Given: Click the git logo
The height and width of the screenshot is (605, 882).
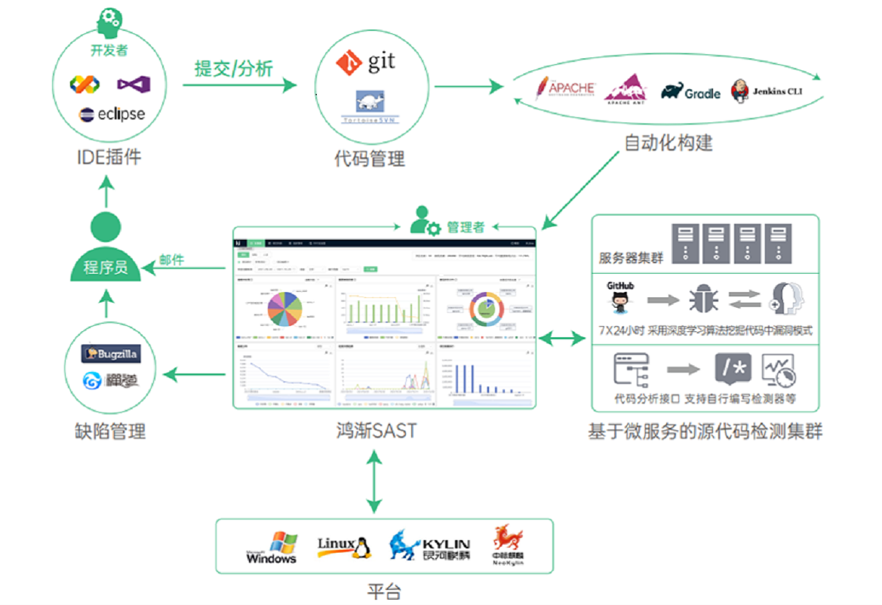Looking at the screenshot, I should (365, 62).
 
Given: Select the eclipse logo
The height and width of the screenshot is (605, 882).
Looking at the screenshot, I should (112, 115).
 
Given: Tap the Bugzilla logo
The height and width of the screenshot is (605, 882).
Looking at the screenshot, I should (111, 352).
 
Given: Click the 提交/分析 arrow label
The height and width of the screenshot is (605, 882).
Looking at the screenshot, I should (233, 68).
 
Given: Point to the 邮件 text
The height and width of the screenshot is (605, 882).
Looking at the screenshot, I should (171, 260).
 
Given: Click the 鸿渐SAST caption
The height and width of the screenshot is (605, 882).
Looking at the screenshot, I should (376, 431).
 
